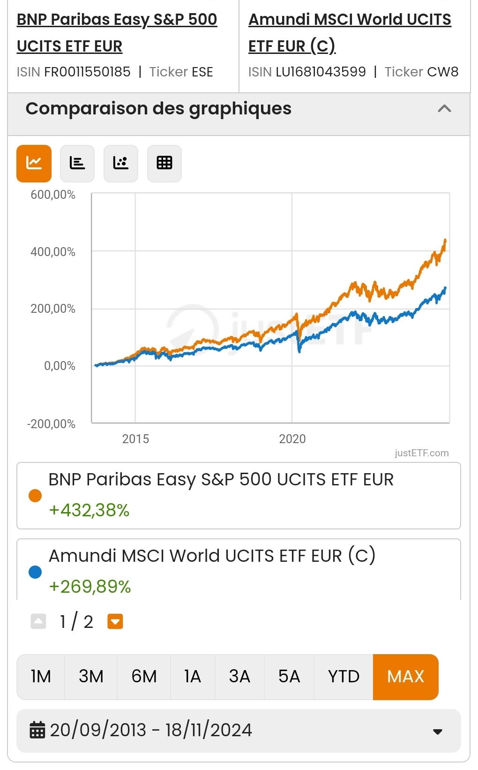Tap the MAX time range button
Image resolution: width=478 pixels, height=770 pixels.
[405, 677]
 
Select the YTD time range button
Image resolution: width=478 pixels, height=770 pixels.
[344, 677]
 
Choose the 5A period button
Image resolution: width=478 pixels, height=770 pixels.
[289, 677]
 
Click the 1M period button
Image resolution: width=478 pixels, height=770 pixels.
[41, 677]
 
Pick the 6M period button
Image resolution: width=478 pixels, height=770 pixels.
[144, 677]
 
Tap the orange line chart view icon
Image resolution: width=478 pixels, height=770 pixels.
[34, 163]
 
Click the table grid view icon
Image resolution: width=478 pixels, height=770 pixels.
[164, 163]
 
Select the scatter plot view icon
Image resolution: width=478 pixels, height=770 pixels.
[120, 163]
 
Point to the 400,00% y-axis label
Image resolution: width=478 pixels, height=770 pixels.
[53, 252]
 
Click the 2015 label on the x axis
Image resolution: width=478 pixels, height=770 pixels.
[135, 439]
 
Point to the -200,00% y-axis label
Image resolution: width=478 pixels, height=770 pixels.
[51, 424]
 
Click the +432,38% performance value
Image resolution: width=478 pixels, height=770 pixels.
[89, 510]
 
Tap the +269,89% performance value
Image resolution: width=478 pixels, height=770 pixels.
[90, 587]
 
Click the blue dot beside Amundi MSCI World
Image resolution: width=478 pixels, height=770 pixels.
[35, 572]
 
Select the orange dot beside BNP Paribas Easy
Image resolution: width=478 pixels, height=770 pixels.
[35, 496]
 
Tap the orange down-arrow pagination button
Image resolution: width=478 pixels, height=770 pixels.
[115, 622]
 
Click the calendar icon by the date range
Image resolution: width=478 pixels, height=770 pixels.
[37, 730]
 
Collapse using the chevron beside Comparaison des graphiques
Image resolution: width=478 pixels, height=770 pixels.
[444, 109]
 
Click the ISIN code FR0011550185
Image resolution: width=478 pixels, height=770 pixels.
[87, 72]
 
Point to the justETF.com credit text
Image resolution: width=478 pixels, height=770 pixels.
[421, 453]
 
